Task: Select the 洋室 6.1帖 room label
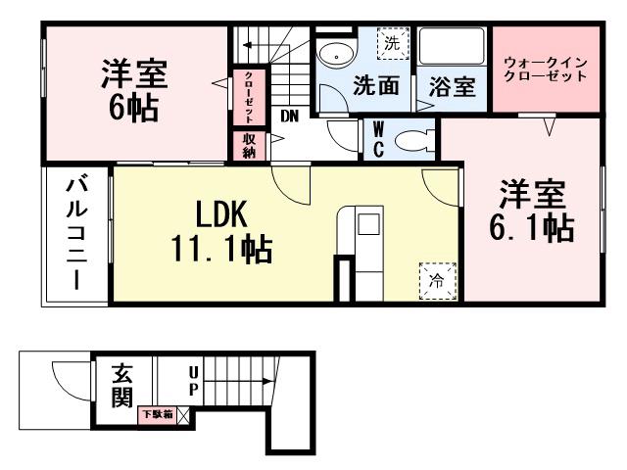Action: pos(531,210)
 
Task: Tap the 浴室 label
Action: pos(453,86)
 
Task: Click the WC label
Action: pos(377,138)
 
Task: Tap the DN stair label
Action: pos(290,116)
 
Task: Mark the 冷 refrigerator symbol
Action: pos(437,279)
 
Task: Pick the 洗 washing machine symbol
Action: pos(392,44)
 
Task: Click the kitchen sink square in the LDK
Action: pos(368,224)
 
